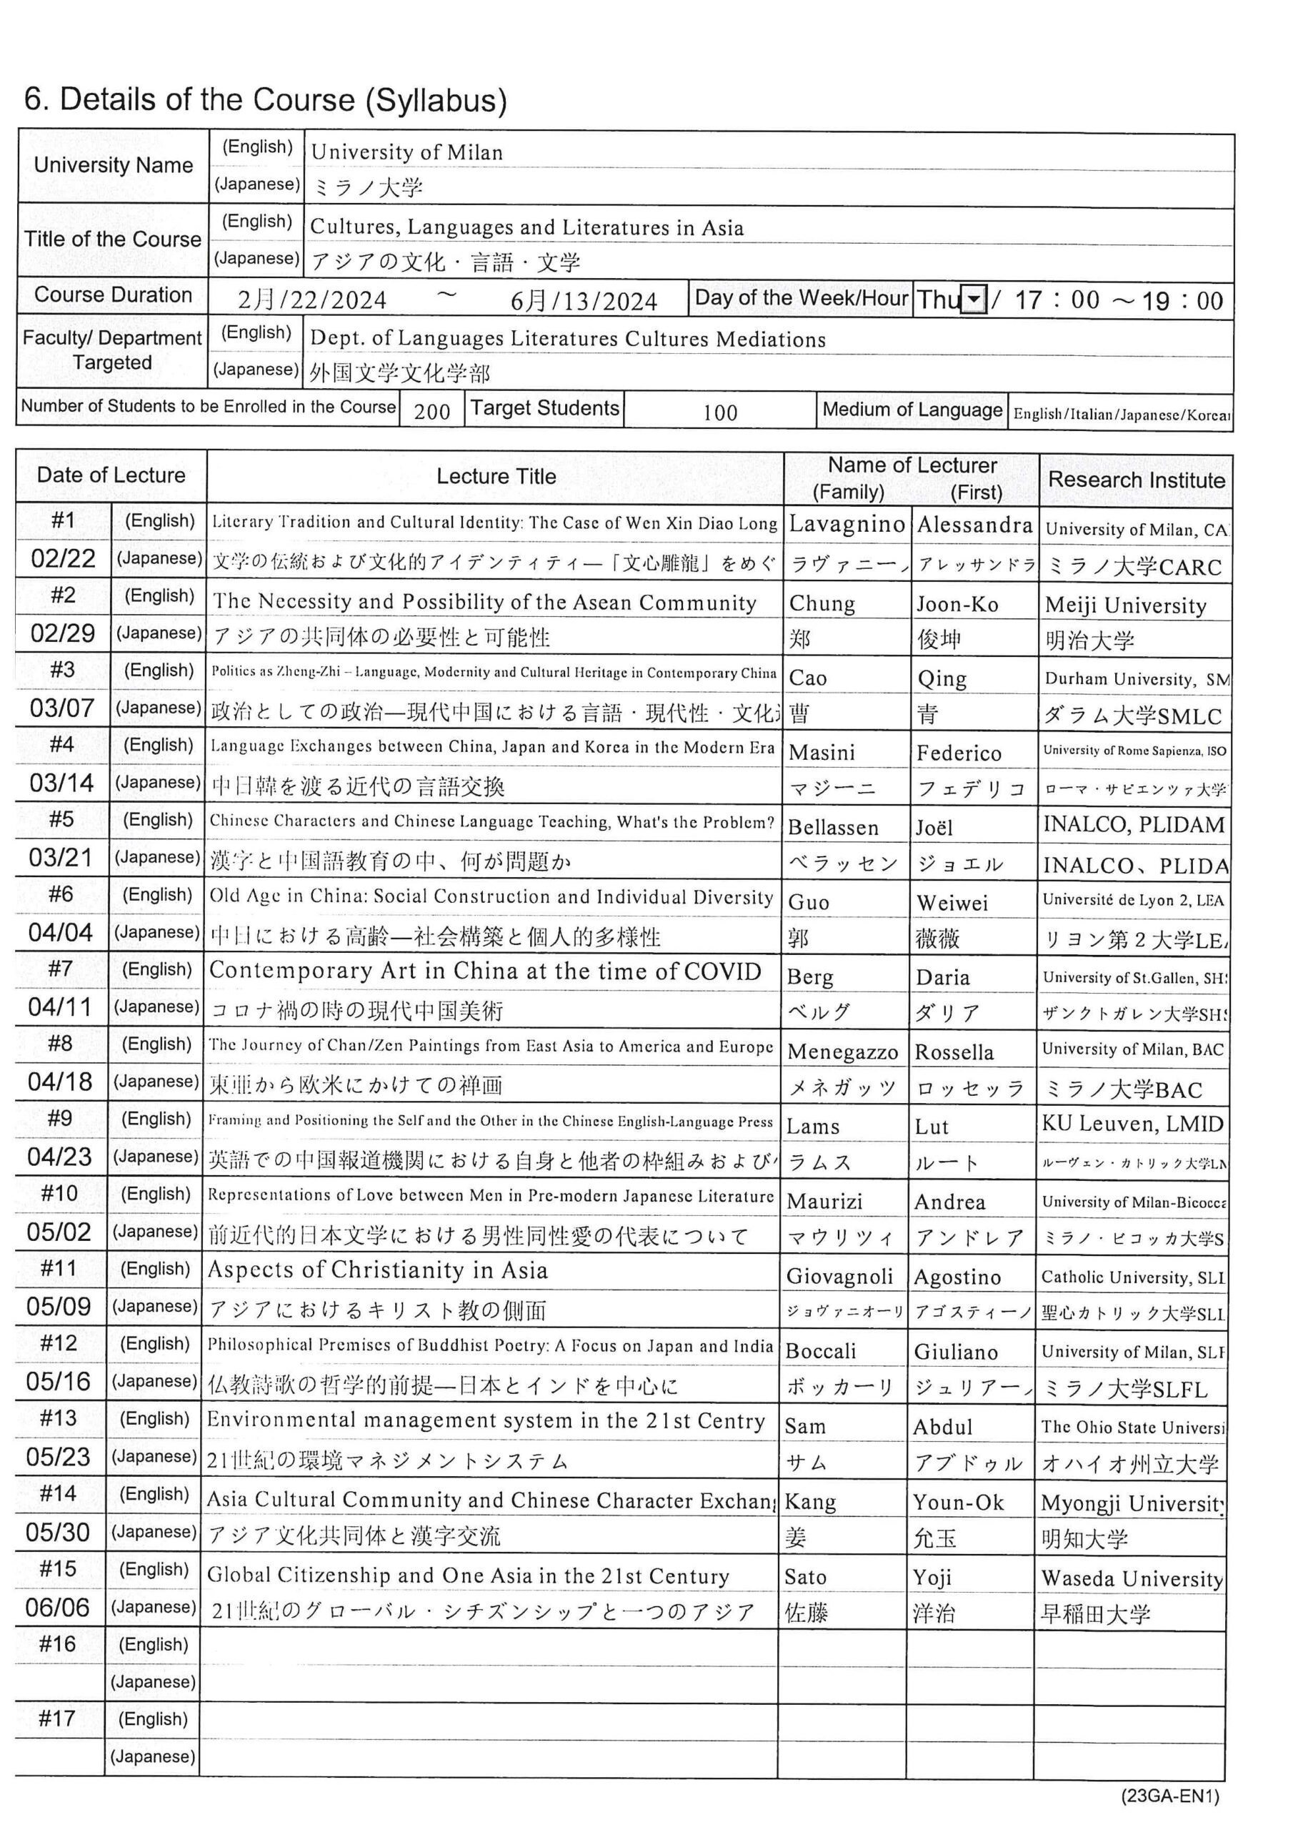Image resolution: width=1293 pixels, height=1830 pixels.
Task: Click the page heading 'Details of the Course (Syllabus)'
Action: click(x=265, y=99)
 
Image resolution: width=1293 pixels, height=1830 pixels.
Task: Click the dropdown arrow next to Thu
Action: click(x=974, y=300)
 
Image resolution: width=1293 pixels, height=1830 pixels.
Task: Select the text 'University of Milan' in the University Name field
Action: click(x=407, y=152)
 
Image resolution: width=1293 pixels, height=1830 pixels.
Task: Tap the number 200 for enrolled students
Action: click(x=431, y=411)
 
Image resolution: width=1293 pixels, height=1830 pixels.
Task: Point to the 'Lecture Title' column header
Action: click(x=496, y=477)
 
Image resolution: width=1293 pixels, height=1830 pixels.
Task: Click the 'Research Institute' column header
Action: click(x=1136, y=480)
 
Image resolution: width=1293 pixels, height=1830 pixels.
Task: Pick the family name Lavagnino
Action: click(x=847, y=525)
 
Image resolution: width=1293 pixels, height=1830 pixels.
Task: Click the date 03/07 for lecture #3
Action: click(x=62, y=708)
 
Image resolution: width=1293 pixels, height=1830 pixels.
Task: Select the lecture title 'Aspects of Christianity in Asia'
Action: click(x=378, y=1270)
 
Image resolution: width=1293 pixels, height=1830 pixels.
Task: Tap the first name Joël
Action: click(x=934, y=827)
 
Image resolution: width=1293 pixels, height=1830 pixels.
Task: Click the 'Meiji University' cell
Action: click(x=1126, y=605)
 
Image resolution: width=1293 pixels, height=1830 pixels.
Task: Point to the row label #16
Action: click(x=57, y=1644)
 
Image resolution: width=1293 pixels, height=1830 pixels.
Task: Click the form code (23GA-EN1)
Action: click(x=1169, y=1796)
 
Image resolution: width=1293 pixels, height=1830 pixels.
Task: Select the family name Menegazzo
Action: click(x=843, y=1052)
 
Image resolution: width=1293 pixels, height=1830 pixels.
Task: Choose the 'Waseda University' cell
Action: click(x=1132, y=1578)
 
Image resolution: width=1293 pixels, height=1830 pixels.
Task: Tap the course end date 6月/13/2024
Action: click(x=584, y=301)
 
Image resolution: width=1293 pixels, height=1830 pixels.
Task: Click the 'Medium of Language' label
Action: click(x=912, y=410)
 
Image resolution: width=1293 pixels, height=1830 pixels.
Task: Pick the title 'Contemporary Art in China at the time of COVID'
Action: click(x=485, y=971)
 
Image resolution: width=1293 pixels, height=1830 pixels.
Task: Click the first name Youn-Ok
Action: click(x=959, y=1503)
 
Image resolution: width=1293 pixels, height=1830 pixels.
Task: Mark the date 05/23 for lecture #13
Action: click(x=58, y=1457)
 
